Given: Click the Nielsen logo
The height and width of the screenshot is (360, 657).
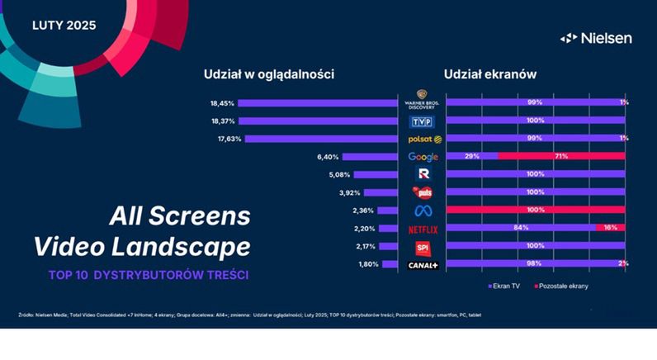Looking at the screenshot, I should pyautogui.click(x=596, y=38).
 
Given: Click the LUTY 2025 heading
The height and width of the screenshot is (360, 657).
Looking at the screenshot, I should pyautogui.click(x=64, y=25).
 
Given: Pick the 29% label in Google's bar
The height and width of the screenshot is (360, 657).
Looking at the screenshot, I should pyautogui.click(x=472, y=156).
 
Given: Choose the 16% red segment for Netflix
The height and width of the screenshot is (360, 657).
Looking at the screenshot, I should pyautogui.click(x=610, y=228).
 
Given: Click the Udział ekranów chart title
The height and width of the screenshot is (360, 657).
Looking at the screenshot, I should pyautogui.click(x=490, y=74).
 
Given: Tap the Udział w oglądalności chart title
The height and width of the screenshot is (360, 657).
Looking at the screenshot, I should pyautogui.click(x=268, y=74).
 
